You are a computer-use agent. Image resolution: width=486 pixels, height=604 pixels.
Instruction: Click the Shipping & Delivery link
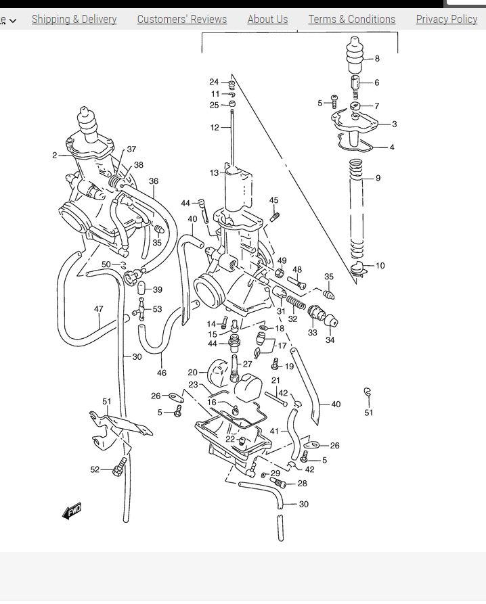point(74,19)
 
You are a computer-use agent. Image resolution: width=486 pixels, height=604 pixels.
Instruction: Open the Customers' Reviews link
point(181,19)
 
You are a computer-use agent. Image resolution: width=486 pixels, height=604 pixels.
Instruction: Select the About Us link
point(267,19)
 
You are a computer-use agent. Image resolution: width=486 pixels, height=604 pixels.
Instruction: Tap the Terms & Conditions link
point(351,19)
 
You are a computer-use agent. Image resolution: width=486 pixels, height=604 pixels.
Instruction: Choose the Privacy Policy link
point(446,19)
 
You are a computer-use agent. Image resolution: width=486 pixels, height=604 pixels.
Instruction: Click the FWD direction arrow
point(72,511)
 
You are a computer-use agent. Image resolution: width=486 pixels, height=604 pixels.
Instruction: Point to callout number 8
point(377,58)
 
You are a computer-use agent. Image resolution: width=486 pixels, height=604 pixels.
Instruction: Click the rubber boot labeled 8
point(355,58)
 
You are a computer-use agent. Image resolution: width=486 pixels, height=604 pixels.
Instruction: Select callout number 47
point(99,309)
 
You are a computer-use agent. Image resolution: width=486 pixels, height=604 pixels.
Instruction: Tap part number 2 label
point(55,156)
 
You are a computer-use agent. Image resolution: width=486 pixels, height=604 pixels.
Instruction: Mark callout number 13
point(214,173)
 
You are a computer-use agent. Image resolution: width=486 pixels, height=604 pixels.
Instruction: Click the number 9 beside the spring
point(378,179)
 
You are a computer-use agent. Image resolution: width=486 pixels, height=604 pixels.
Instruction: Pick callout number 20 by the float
point(192,372)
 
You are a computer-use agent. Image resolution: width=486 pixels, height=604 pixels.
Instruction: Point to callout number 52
point(95,469)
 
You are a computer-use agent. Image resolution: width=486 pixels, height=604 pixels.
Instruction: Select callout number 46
point(162,373)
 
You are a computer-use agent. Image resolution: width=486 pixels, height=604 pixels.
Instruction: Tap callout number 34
point(330,340)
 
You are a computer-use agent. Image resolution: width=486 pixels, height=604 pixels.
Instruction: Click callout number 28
point(302,484)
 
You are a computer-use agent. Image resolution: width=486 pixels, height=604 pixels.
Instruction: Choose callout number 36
point(154,181)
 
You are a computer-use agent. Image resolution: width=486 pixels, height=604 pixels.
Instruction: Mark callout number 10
point(380,266)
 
